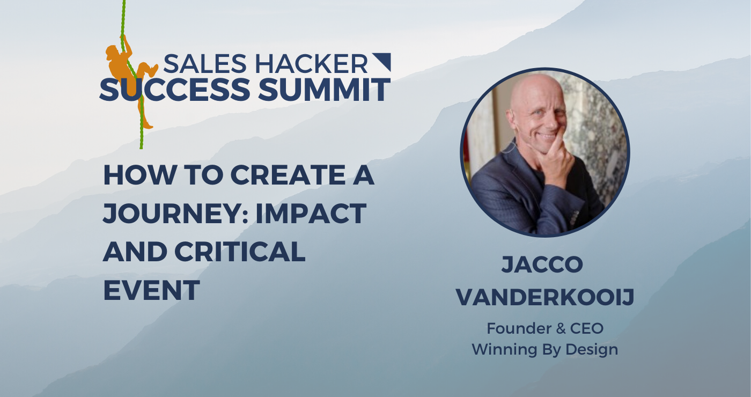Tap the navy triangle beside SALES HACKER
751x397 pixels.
pyautogui.click(x=381, y=62)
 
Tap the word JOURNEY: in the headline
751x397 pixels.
pyautogui.click(x=170, y=214)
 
